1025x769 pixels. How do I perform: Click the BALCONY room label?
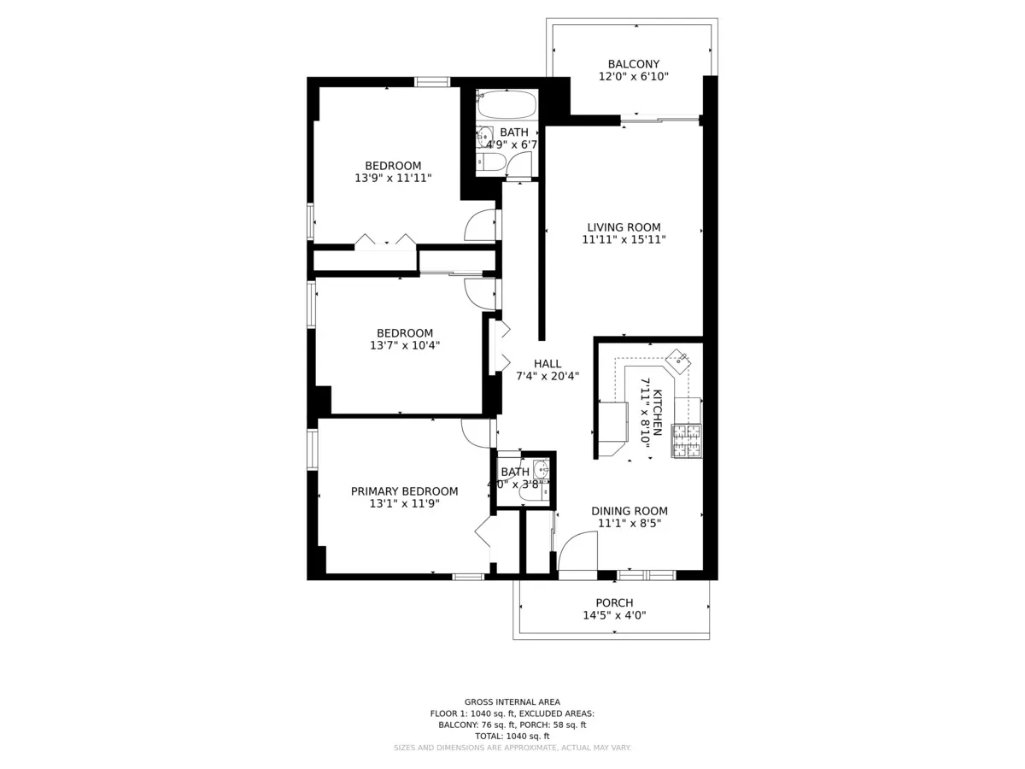[x=633, y=64]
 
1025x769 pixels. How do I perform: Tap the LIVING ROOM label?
[x=624, y=227]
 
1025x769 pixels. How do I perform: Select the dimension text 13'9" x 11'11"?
[x=393, y=179]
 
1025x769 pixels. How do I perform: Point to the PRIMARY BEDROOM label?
[x=404, y=491]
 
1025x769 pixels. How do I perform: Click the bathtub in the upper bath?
[x=507, y=106]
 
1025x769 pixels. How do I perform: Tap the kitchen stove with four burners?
[x=687, y=440]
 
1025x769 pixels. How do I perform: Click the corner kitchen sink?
[x=680, y=360]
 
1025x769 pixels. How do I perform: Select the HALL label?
[x=548, y=363]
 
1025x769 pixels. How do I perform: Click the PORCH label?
[x=614, y=603]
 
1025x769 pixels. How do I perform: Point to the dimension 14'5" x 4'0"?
[x=614, y=615]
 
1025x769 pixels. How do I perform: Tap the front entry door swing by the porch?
[x=577, y=551]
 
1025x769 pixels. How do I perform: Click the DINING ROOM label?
[x=630, y=511]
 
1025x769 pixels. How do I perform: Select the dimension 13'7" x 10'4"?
[x=405, y=346]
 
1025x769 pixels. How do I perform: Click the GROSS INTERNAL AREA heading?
[x=512, y=701]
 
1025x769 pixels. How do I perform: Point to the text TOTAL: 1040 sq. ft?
[x=512, y=736]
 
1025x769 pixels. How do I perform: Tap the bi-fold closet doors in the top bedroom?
[x=385, y=241]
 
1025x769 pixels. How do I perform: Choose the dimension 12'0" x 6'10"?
[x=633, y=77]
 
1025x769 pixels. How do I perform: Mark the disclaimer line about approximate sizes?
[x=512, y=748]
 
